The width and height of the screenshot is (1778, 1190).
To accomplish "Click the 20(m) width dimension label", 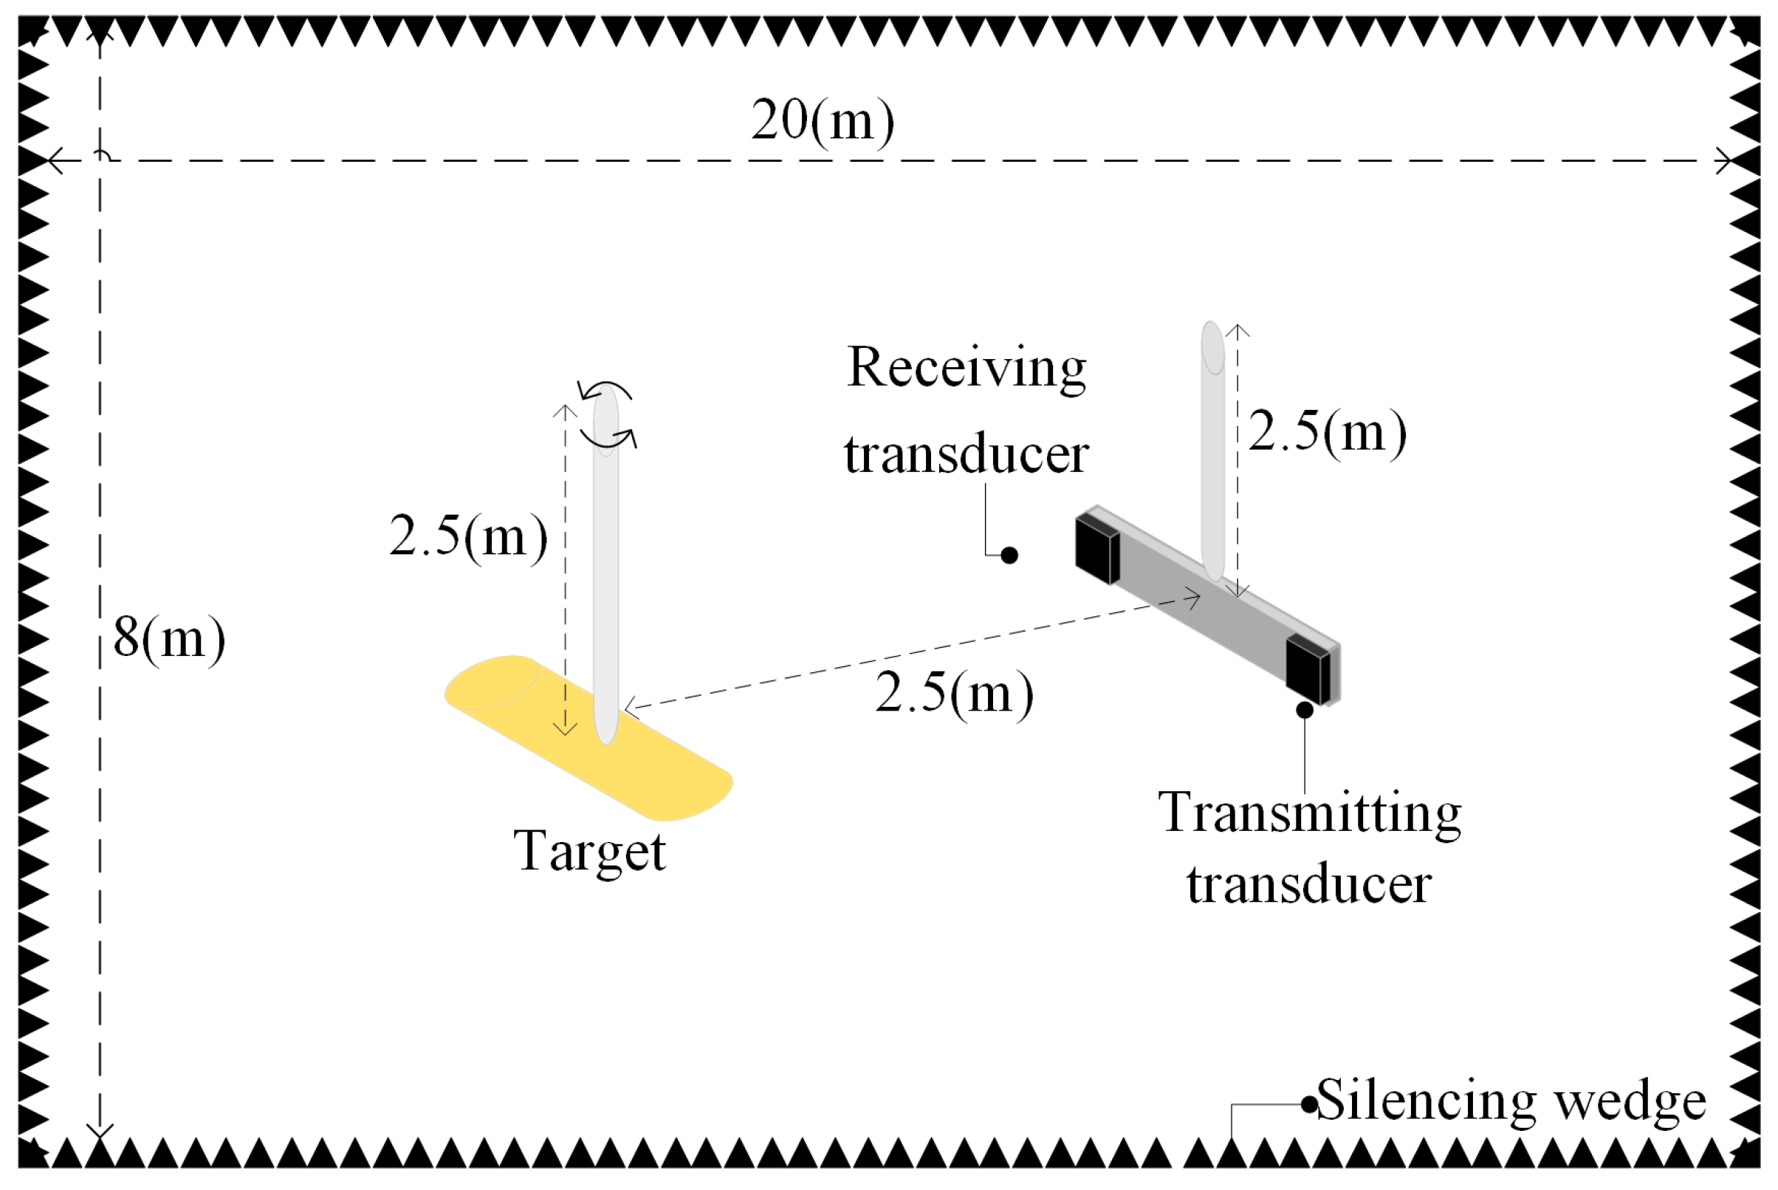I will (x=823, y=121).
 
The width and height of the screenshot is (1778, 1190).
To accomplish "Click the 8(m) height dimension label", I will (x=168, y=638).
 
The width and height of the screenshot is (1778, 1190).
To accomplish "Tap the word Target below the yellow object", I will (x=589, y=852).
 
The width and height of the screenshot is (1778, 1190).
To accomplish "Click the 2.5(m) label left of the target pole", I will (x=468, y=536).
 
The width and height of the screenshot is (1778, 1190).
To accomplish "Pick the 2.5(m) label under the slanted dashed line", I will (x=953, y=693).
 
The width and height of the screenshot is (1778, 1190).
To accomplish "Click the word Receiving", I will (x=967, y=368).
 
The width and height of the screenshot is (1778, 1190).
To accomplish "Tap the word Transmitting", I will (x=1309, y=813).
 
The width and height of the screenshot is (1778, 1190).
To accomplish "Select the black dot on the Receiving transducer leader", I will (x=1009, y=555).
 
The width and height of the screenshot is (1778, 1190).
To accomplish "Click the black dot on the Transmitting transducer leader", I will (x=1305, y=710).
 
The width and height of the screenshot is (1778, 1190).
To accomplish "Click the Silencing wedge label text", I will (x=1511, y=1100).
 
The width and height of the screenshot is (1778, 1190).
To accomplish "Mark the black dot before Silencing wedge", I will (x=1309, y=1105).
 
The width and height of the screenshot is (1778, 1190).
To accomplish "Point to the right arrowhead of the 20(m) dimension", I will (x=1723, y=161).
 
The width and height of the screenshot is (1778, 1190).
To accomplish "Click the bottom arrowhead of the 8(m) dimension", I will (x=100, y=1132).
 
